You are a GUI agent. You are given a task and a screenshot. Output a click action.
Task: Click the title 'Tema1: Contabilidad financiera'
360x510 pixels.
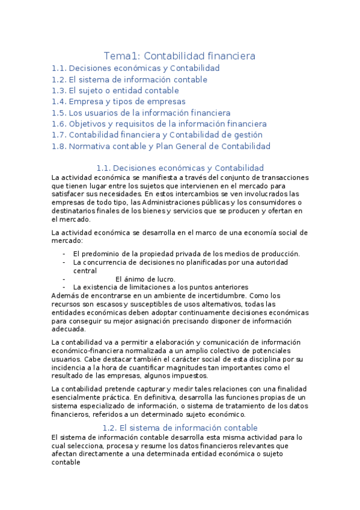180,56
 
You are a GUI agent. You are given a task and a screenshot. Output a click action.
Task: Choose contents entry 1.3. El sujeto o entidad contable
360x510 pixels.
115,91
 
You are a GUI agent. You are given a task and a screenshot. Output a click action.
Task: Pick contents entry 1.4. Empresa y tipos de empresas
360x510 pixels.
118,102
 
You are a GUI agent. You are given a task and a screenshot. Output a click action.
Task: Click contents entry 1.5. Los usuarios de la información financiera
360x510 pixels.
141,112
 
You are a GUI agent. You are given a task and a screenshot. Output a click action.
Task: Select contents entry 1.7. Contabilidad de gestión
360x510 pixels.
157,135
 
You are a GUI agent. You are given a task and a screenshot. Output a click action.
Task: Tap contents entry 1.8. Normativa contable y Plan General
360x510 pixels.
161,146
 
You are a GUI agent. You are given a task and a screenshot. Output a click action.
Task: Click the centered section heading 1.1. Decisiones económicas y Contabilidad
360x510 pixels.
180,168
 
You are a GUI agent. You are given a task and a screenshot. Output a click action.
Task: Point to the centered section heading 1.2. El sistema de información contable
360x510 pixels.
180,428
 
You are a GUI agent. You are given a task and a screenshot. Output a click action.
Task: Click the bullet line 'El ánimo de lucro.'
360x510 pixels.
145,279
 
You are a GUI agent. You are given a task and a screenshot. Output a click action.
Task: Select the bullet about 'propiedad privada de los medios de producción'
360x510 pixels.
186,254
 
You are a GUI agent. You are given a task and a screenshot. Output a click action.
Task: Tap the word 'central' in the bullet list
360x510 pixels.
85,271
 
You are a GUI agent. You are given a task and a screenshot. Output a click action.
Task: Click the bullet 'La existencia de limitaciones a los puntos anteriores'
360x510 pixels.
160,287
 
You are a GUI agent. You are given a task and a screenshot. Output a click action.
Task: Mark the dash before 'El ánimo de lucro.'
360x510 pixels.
64,279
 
